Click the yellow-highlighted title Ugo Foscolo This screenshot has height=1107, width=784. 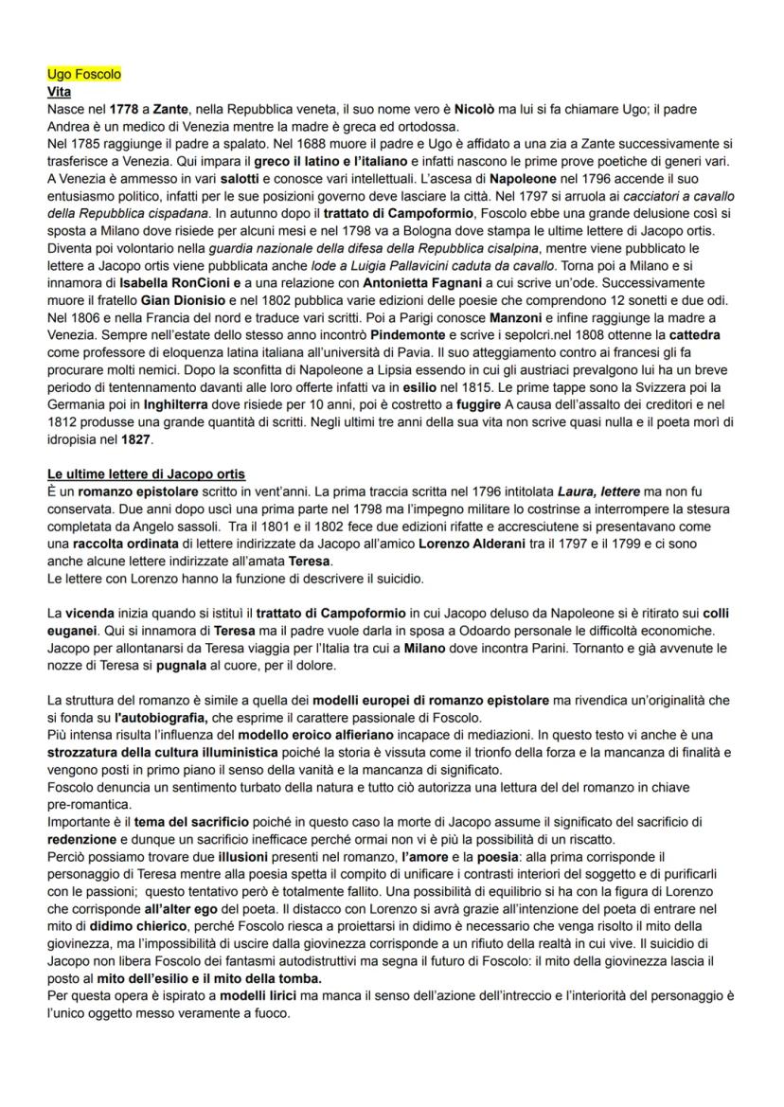[83, 74]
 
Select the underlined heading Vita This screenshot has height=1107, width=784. [59, 92]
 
